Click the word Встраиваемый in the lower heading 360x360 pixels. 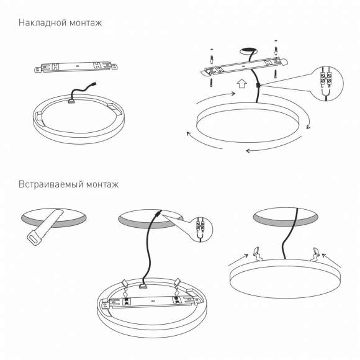[x=50, y=184]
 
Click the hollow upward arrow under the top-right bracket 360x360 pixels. [x=241, y=83]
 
